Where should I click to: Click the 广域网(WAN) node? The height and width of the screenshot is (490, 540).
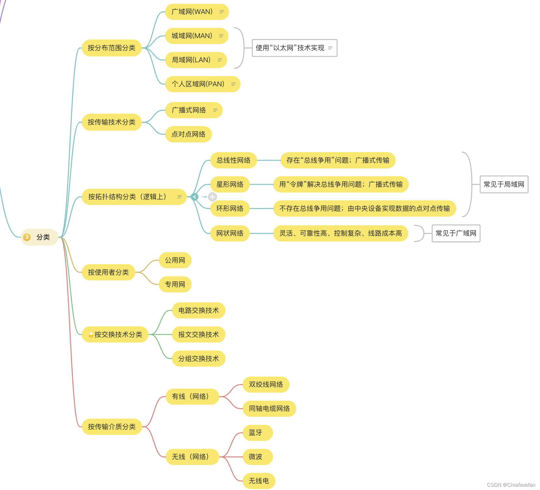192,12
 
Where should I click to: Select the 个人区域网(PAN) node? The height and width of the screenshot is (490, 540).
198,84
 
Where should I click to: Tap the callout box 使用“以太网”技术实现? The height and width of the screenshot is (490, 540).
290,48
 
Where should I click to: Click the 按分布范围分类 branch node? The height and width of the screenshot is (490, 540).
111,48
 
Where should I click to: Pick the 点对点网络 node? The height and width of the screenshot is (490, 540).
188,134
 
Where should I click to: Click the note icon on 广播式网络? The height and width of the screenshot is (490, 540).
215,110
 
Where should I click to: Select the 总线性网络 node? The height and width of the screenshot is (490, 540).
234,160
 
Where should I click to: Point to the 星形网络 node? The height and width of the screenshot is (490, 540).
230,184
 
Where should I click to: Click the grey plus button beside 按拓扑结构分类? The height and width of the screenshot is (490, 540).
212,197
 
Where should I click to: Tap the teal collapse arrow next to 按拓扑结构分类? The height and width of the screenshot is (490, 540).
194,197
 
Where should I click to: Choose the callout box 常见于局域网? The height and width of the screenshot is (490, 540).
504,184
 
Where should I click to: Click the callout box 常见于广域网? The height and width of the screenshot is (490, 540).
456,233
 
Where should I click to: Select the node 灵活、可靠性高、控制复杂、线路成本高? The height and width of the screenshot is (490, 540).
341,233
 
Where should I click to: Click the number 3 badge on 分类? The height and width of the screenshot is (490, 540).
27,237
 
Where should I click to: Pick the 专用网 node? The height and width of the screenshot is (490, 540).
175,284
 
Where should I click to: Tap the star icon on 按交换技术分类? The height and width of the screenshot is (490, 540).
91,335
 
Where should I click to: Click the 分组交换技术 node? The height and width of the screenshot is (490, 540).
199,359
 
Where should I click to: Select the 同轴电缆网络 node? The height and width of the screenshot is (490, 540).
269,409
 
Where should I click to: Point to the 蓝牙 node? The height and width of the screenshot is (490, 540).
256,433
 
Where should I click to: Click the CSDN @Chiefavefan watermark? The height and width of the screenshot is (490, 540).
511,485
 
